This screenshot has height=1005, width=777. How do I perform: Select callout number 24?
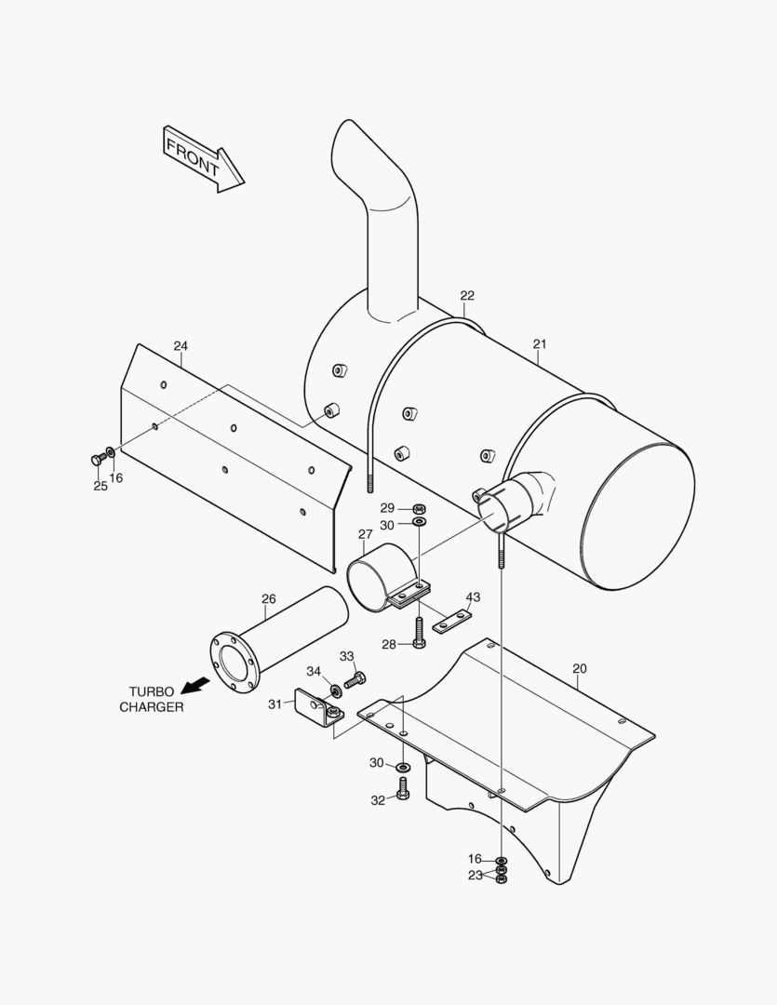[x=181, y=346]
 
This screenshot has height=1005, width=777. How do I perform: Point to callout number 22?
[x=467, y=296]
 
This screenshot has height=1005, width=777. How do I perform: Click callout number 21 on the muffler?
[x=540, y=344]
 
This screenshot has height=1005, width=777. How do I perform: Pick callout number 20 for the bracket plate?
[x=580, y=669]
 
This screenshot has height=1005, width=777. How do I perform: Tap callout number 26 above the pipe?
[x=269, y=599]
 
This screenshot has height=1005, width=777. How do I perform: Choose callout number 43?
[x=474, y=596]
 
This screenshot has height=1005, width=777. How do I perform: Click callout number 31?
[x=275, y=704]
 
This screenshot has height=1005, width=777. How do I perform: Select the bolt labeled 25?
[x=96, y=459]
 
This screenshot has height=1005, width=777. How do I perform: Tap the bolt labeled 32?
[x=403, y=789]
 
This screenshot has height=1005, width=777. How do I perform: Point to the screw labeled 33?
[x=355, y=679]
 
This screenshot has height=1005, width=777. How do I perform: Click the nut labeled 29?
[x=419, y=509]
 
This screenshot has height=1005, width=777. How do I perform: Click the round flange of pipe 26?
[x=232, y=660]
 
